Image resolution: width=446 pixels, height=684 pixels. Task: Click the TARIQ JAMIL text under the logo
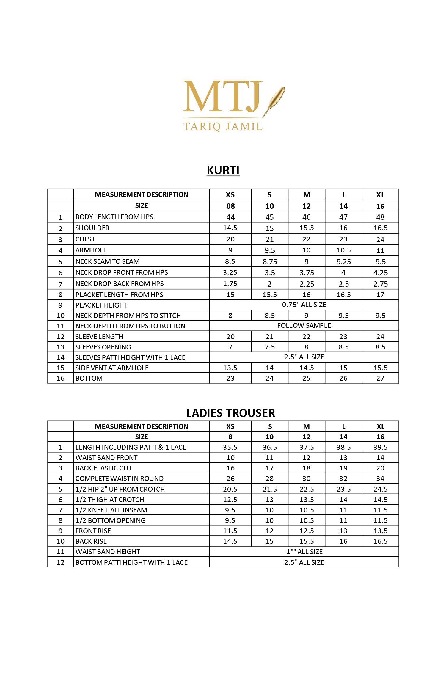[x=223, y=126]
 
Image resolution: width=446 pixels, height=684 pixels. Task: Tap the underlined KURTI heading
[x=223, y=170]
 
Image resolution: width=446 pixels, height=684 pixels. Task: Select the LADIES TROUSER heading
[x=230, y=413]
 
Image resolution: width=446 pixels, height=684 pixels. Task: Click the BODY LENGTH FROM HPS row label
[x=114, y=217]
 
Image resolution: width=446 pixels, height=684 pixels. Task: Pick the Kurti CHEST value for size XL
[x=380, y=239]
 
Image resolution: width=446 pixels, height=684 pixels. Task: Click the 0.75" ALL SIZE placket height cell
[x=304, y=305]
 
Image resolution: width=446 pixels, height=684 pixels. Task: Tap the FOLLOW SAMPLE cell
[x=304, y=325]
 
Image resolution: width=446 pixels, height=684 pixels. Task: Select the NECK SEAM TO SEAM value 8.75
[x=270, y=262]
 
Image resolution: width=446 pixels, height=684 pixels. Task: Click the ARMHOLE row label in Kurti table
[x=91, y=250]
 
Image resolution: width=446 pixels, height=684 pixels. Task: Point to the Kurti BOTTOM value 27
[x=380, y=378]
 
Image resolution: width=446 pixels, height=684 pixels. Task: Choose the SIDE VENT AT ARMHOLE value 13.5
[x=230, y=368]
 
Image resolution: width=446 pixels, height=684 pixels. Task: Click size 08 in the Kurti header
[x=230, y=206]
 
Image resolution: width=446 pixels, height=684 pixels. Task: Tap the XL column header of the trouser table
[x=380, y=426]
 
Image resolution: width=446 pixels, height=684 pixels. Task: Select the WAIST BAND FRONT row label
[x=106, y=458]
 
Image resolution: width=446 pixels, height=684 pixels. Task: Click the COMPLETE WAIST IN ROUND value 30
[x=306, y=479]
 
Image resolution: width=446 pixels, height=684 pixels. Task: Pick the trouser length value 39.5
[x=380, y=447]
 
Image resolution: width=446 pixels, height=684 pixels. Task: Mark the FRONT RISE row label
[x=93, y=531]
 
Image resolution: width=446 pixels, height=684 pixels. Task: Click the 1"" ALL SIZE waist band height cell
[x=304, y=552]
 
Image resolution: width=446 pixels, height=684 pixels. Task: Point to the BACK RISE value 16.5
[x=380, y=541]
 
